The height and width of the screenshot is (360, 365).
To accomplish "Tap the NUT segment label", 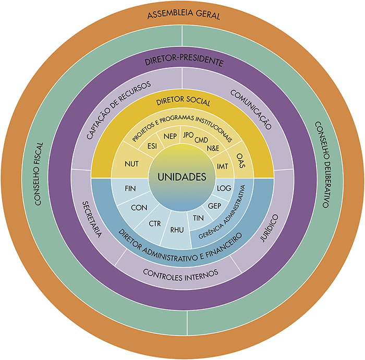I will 131,164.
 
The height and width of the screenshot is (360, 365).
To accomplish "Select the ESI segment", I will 153,146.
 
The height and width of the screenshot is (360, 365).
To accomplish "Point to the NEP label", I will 171,137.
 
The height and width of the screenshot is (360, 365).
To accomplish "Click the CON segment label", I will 139,208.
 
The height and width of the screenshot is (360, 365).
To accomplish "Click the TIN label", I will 198,218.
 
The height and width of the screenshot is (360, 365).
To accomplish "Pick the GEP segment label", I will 214,205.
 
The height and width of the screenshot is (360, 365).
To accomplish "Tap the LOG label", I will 224,187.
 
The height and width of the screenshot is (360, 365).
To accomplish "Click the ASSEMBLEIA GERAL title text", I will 184,15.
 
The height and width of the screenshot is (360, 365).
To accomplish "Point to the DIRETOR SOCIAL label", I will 183,102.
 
